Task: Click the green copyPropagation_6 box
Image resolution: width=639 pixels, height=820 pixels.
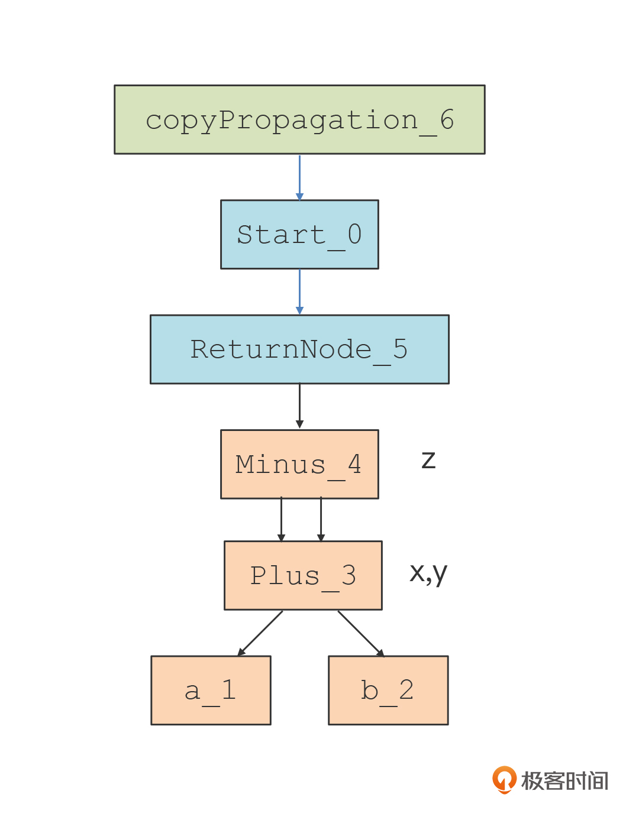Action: (x=299, y=119)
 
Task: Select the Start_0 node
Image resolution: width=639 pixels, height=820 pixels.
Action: (x=299, y=234)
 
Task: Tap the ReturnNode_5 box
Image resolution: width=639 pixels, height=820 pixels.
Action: (x=299, y=349)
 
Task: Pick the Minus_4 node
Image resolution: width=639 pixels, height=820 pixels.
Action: (x=299, y=464)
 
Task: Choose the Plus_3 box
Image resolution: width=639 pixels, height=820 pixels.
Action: (x=304, y=575)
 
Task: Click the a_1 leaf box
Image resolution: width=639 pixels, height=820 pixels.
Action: (x=211, y=690)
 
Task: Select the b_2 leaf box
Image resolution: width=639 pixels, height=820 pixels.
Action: (x=388, y=690)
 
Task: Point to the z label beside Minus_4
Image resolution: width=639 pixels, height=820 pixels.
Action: (x=428, y=460)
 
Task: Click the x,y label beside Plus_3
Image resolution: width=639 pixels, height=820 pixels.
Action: (x=428, y=574)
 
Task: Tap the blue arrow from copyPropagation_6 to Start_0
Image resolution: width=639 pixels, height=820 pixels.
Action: (x=299, y=177)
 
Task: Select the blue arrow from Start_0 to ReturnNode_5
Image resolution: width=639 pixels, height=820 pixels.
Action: (x=299, y=292)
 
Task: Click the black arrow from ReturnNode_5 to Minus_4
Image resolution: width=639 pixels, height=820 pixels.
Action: (x=299, y=407)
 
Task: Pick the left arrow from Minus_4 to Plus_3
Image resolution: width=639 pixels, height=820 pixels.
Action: (x=281, y=520)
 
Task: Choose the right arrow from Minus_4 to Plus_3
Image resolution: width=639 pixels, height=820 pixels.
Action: (x=321, y=520)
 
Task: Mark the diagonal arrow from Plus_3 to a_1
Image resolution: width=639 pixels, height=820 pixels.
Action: (x=260, y=633)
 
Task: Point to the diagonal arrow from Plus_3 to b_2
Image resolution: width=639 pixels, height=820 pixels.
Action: (x=361, y=633)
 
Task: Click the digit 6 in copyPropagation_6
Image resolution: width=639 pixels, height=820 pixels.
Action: (x=447, y=119)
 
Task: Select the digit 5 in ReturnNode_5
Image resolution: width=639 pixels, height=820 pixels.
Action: (x=401, y=349)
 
